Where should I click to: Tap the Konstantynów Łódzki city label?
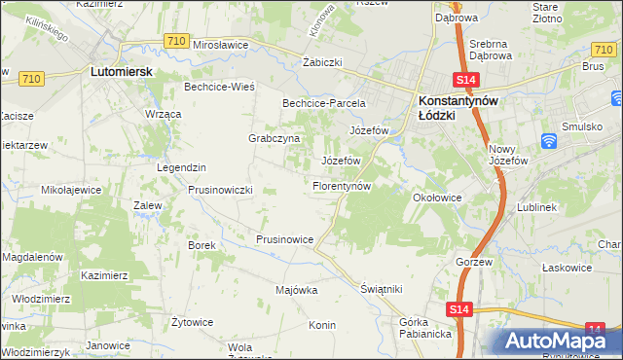458,107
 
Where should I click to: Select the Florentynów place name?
341,185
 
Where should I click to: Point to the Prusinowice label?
284,238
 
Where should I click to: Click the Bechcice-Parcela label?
323,102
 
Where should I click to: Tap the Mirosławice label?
223,45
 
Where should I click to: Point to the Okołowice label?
436,198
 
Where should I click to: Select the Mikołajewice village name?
72,190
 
